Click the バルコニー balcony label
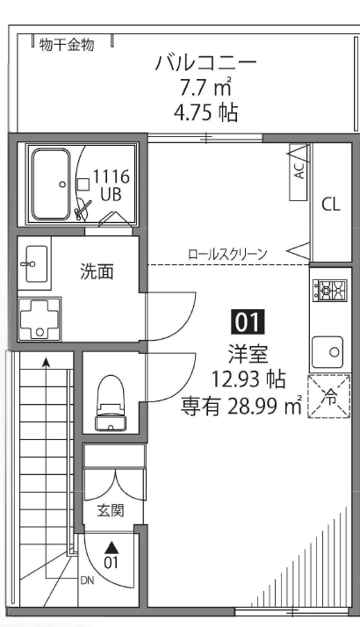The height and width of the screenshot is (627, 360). (x=206, y=63)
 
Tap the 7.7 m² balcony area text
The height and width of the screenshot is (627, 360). (x=206, y=89)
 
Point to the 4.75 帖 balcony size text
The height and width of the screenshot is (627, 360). (x=206, y=114)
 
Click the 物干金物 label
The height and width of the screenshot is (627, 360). (x=71, y=44)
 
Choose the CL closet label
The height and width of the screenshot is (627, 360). (x=330, y=205)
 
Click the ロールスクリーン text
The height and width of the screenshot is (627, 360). (x=228, y=254)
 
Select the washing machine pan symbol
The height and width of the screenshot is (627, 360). (x=38, y=319)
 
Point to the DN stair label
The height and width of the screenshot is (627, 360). (x=86, y=580)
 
